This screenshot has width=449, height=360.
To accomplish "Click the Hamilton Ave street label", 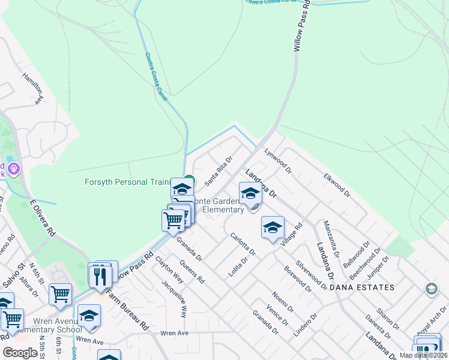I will click(33, 88).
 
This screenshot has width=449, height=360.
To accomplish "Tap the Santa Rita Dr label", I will click(218, 171).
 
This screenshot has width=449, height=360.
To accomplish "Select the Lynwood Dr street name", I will click(277, 161).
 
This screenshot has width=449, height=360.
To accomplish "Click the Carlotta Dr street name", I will click(244, 244).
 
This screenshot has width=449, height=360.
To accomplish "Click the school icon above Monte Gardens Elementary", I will click(250, 193).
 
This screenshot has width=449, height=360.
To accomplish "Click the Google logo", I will click(20, 353).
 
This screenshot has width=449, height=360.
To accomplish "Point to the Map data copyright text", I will click(423, 355).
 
